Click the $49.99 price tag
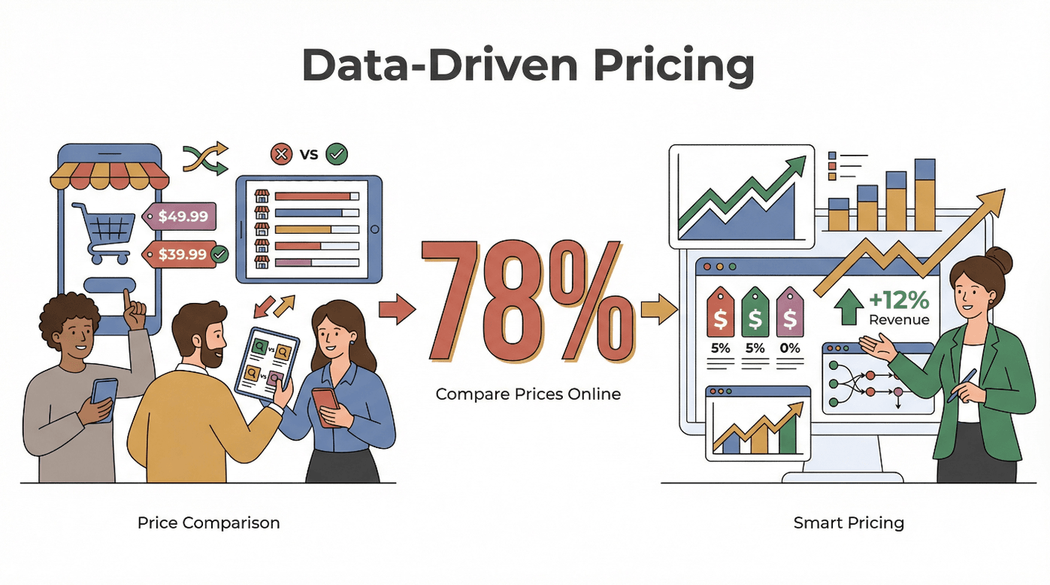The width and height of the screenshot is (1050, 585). point(183,217)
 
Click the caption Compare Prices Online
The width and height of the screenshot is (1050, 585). point(528,393)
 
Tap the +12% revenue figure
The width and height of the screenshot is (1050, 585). point(899,300)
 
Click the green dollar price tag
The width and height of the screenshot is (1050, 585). point(755,311)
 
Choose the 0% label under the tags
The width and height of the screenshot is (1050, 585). point(790,348)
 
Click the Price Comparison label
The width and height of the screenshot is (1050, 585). point(208,523)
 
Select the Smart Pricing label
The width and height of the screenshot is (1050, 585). point(849,523)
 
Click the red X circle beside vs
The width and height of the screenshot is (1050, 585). point(281,155)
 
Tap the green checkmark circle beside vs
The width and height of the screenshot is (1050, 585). point(337,155)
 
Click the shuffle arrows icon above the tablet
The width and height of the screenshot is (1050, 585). point(205,157)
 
